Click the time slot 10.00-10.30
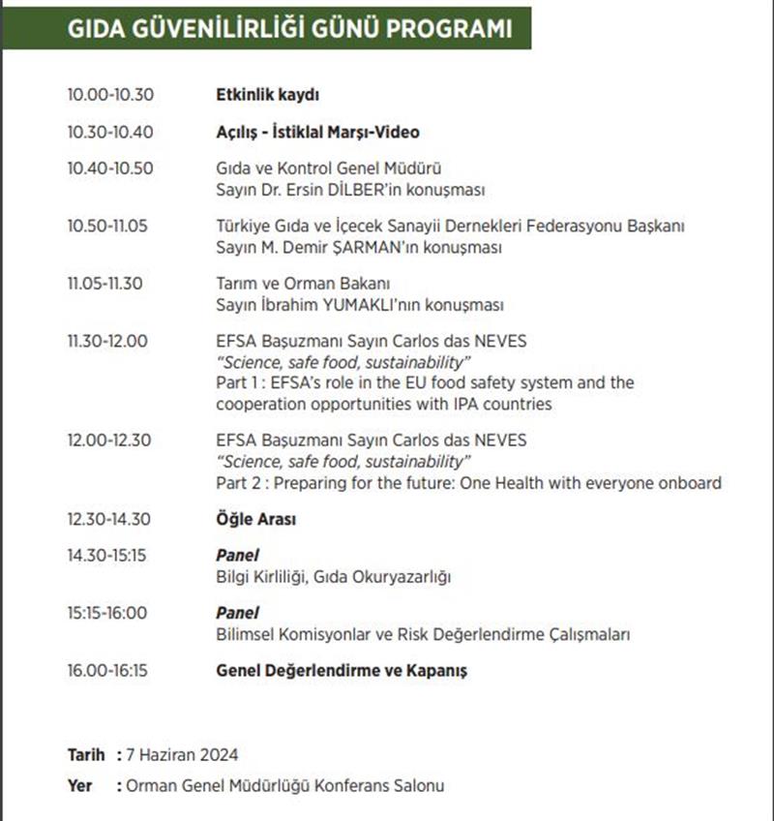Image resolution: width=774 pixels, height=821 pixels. (x=110, y=95)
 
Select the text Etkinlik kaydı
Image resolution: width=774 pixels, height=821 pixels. (x=267, y=95)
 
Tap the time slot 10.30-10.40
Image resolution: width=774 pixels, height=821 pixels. (x=110, y=132)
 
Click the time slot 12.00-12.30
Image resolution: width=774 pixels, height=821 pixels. (x=109, y=441)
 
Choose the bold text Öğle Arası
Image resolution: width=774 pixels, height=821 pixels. (x=255, y=519)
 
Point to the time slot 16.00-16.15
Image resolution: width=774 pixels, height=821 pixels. (x=109, y=670)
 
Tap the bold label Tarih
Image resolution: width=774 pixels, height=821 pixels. (x=85, y=754)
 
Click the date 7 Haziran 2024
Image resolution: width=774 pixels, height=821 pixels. (x=183, y=754)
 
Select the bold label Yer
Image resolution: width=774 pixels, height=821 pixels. (x=80, y=785)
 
